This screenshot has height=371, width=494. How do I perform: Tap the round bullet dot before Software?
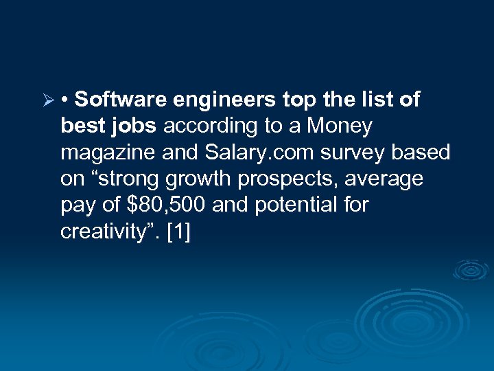click(64, 101)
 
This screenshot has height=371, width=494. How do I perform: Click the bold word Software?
click(121, 100)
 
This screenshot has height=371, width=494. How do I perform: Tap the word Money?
click(340, 126)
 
